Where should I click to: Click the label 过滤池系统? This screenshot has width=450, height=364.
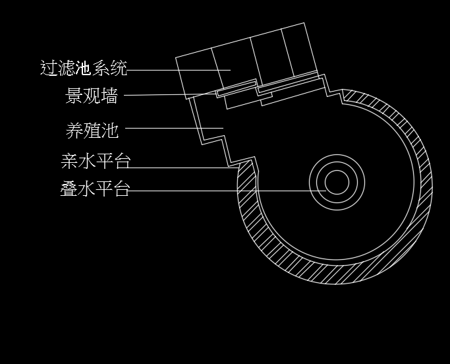tap(84, 69)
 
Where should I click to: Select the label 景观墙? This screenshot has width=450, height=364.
tap(92, 96)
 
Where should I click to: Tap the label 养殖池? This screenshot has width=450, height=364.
tap(92, 130)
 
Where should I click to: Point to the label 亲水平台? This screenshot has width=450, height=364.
tap(96, 162)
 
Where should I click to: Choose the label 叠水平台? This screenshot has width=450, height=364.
tap(96, 190)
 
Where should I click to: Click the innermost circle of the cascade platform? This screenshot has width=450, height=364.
tap(337, 183)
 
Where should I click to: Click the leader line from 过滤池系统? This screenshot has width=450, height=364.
tap(178, 69)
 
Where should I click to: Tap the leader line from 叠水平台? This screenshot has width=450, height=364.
tap(217, 191)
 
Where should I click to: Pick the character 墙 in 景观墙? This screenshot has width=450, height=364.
tap(110, 96)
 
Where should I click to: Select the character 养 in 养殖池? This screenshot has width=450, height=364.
tap(74, 130)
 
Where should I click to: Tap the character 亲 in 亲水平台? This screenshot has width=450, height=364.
tap(69, 162)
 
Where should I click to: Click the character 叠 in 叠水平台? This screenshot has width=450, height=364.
tap(69, 190)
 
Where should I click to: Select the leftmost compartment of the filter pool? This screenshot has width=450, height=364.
tap(198, 73)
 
